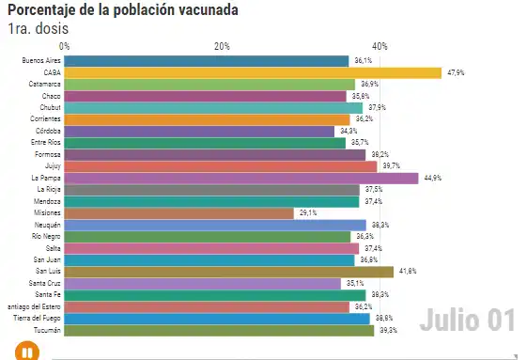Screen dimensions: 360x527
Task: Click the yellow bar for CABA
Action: (x=252, y=72)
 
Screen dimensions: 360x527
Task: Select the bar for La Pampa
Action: (x=240, y=178)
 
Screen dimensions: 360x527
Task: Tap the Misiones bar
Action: (x=178, y=213)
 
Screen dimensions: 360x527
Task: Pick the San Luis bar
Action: (x=228, y=272)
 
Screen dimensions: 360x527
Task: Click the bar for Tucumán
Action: (x=219, y=330)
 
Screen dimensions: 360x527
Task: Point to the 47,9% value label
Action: (x=456, y=72)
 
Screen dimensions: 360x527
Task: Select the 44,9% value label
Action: (x=432, y=178)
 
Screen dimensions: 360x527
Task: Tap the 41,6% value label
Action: (x=408, y=272)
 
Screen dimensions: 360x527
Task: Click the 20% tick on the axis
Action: (x=222, y=46)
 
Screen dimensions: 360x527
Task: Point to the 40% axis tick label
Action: (x=380, y=46)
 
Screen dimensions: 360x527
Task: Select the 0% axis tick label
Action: (x=64, y=46)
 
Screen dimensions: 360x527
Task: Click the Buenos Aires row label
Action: (x=41, y=60)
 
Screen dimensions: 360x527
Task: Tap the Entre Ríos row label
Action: (x=45, y=143)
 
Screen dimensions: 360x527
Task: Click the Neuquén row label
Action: (x=47, y=225)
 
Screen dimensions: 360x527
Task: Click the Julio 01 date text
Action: (x=467, y=320)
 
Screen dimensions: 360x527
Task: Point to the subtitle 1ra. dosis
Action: (x=38, y=28)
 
